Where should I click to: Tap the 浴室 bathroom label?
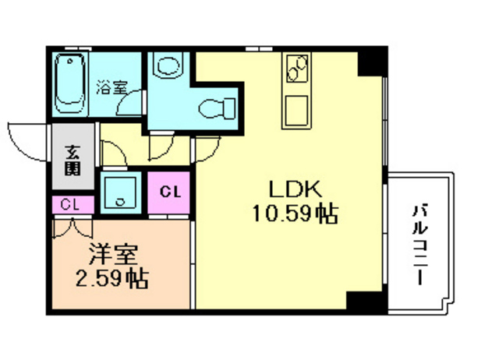[x=111, y=86]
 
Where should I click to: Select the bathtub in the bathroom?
[x=73, y=83]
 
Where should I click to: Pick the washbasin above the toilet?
[x=165, y=67]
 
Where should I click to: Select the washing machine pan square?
[x=120, y=192]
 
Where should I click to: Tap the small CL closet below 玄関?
[x=71, y=205]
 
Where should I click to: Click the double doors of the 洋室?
[x=73, y=228]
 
